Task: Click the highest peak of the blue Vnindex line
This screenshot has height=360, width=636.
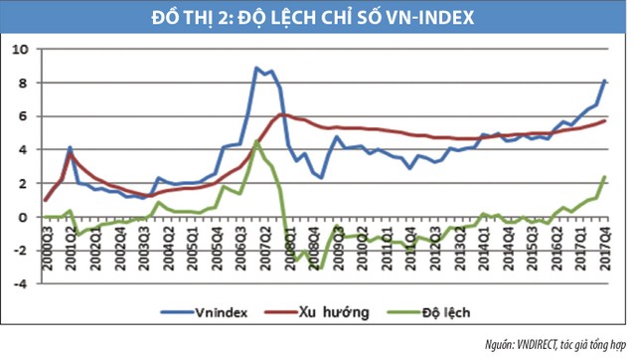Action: (x=256, y=68)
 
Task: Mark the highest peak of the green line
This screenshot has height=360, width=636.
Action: (x=256, y=141)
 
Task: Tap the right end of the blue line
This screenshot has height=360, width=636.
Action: (x=606, y=81)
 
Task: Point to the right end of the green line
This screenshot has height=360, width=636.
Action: (x=606, y=177)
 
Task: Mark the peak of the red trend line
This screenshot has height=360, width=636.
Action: (x=283, y=114)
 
